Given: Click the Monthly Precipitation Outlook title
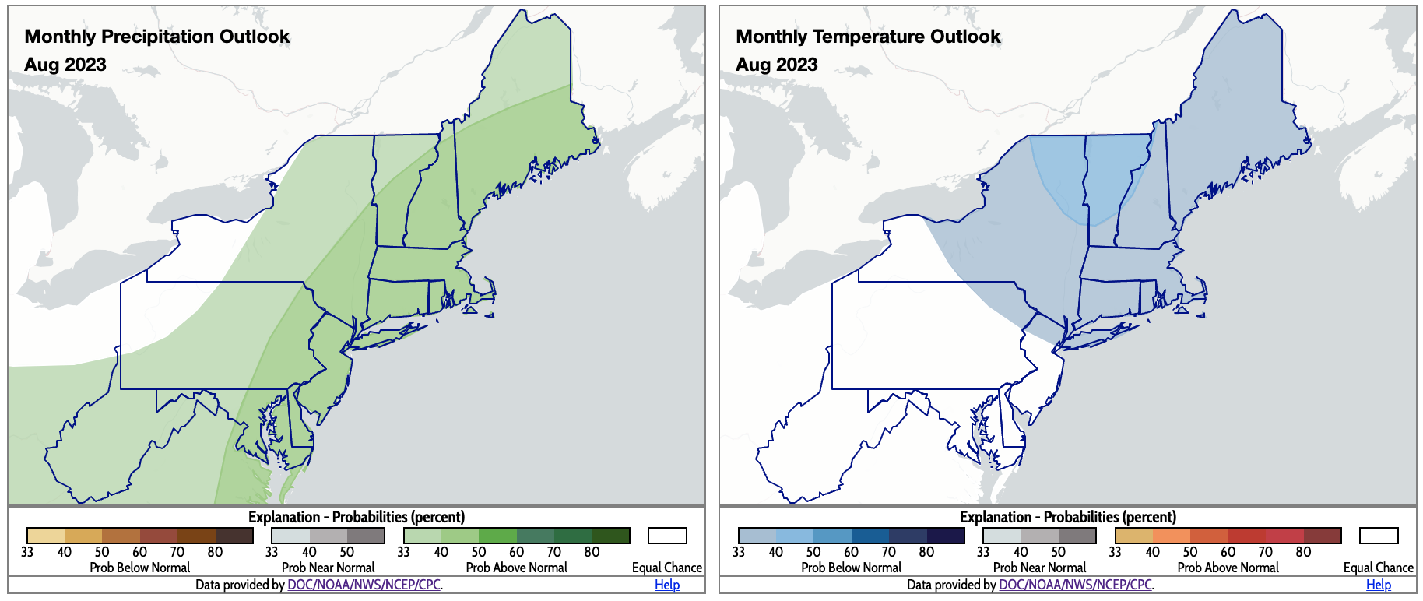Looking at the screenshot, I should [157, 37].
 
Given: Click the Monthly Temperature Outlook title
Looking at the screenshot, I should [868, 37].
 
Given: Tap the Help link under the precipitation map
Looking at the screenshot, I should [667, 585].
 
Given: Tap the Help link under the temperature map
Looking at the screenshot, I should [1379, 585].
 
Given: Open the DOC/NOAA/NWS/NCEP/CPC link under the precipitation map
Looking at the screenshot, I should [364, 585].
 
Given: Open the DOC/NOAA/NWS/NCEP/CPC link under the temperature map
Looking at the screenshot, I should [1075, 585].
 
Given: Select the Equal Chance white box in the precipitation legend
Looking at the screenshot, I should [667, 536].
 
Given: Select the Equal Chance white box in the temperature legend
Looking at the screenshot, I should [1379, 536].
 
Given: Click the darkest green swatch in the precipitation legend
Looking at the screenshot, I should [611, 536].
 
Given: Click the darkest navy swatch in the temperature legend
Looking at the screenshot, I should [946, 536].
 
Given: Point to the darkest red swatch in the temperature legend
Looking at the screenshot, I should [1323, 536].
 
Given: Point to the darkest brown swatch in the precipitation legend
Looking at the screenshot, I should [234, 536].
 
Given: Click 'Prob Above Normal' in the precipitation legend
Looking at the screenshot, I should [516, 568].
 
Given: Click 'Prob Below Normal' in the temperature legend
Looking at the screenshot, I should [851, 568].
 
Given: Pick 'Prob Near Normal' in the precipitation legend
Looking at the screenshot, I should [328, 568].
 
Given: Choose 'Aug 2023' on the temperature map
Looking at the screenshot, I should [777, 65].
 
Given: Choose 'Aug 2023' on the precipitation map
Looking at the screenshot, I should [65, 65].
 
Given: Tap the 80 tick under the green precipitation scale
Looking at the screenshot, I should [592, 552].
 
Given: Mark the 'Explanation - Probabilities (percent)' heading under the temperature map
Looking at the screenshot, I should [1067, 517].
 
